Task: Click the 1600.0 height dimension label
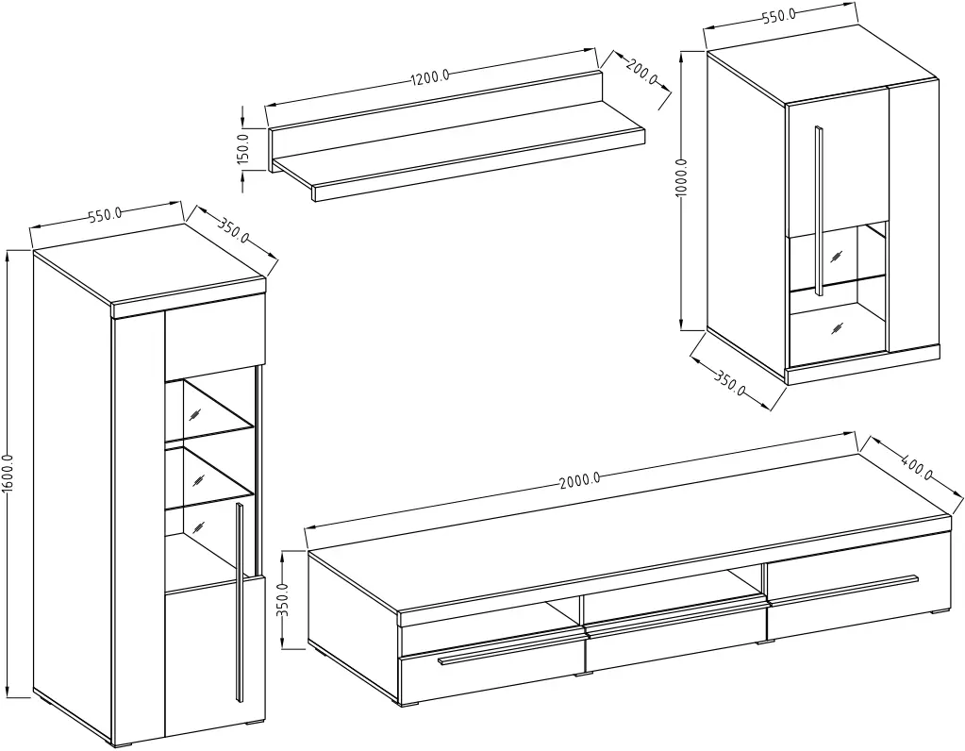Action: coord(8,474)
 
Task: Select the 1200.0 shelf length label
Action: coord(430,77)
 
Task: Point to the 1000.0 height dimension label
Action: coord(681,178)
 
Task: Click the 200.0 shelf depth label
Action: coord(641,72)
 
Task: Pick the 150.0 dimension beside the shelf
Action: coord(242,148)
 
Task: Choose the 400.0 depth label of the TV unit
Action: coord(917,466)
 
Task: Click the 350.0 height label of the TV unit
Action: coord(282,600)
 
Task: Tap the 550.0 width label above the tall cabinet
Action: coord(106,215)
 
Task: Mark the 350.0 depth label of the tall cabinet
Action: coord(233,229)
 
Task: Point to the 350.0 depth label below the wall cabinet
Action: coord(730,383)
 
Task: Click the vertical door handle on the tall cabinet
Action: coord(240,601)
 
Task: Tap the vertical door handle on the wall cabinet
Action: coord(818,209)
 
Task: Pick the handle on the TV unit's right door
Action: coord(843,587)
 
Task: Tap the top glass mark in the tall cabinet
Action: coord(195,413)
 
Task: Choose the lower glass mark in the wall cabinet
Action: coord(836,327)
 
